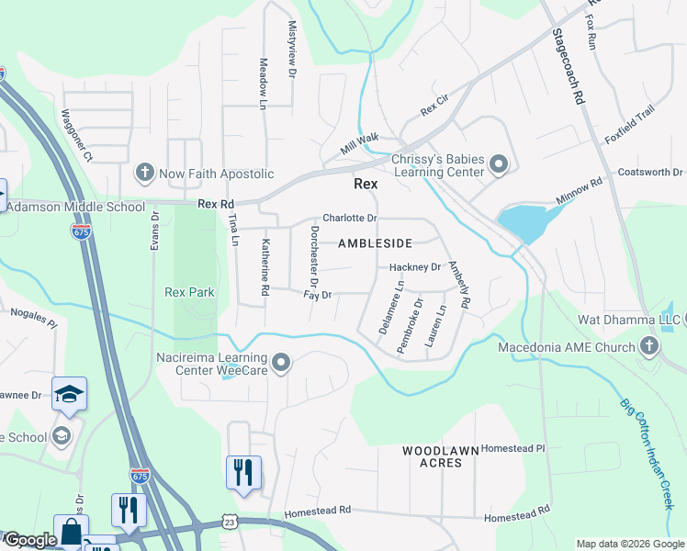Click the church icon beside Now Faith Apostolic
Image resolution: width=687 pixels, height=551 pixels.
point(143,173)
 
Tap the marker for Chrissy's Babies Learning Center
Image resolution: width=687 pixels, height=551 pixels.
point(499,165)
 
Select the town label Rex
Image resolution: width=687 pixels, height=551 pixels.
point(366,184)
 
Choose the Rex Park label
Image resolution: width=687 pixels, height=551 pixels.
point(189,293)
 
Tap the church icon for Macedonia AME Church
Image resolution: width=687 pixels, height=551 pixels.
point(649,347)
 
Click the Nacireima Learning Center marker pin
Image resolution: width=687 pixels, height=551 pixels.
point(282,364)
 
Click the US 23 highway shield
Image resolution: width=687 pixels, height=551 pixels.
point(229,523)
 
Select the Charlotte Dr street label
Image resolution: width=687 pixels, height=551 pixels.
point(350,219)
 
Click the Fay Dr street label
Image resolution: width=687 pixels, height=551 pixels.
point(317,295)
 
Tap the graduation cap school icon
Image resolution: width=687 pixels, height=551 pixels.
point(69,394)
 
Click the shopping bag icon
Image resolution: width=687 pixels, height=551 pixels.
point(71,532)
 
